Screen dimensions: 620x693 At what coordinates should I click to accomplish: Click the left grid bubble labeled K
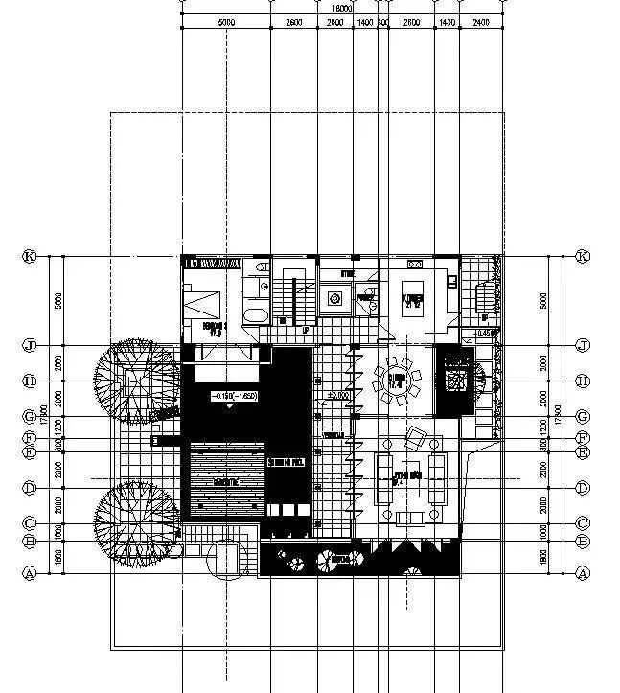point(30,257)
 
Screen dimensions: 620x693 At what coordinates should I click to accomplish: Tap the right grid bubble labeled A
point(582,573)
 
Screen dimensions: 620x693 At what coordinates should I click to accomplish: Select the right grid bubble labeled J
point(582,345)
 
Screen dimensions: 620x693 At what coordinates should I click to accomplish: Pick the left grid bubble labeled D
point(30,489)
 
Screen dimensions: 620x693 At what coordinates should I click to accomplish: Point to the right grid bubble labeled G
point(582,417)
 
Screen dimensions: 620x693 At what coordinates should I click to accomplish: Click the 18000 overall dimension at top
point(340,8)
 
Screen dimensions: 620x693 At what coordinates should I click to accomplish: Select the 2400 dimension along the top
point(480,21)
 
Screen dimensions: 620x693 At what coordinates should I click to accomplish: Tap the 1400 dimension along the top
point(365,21)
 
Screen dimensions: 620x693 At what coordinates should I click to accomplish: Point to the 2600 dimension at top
point(294,21)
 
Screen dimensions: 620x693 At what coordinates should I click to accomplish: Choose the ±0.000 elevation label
point(336,394)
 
